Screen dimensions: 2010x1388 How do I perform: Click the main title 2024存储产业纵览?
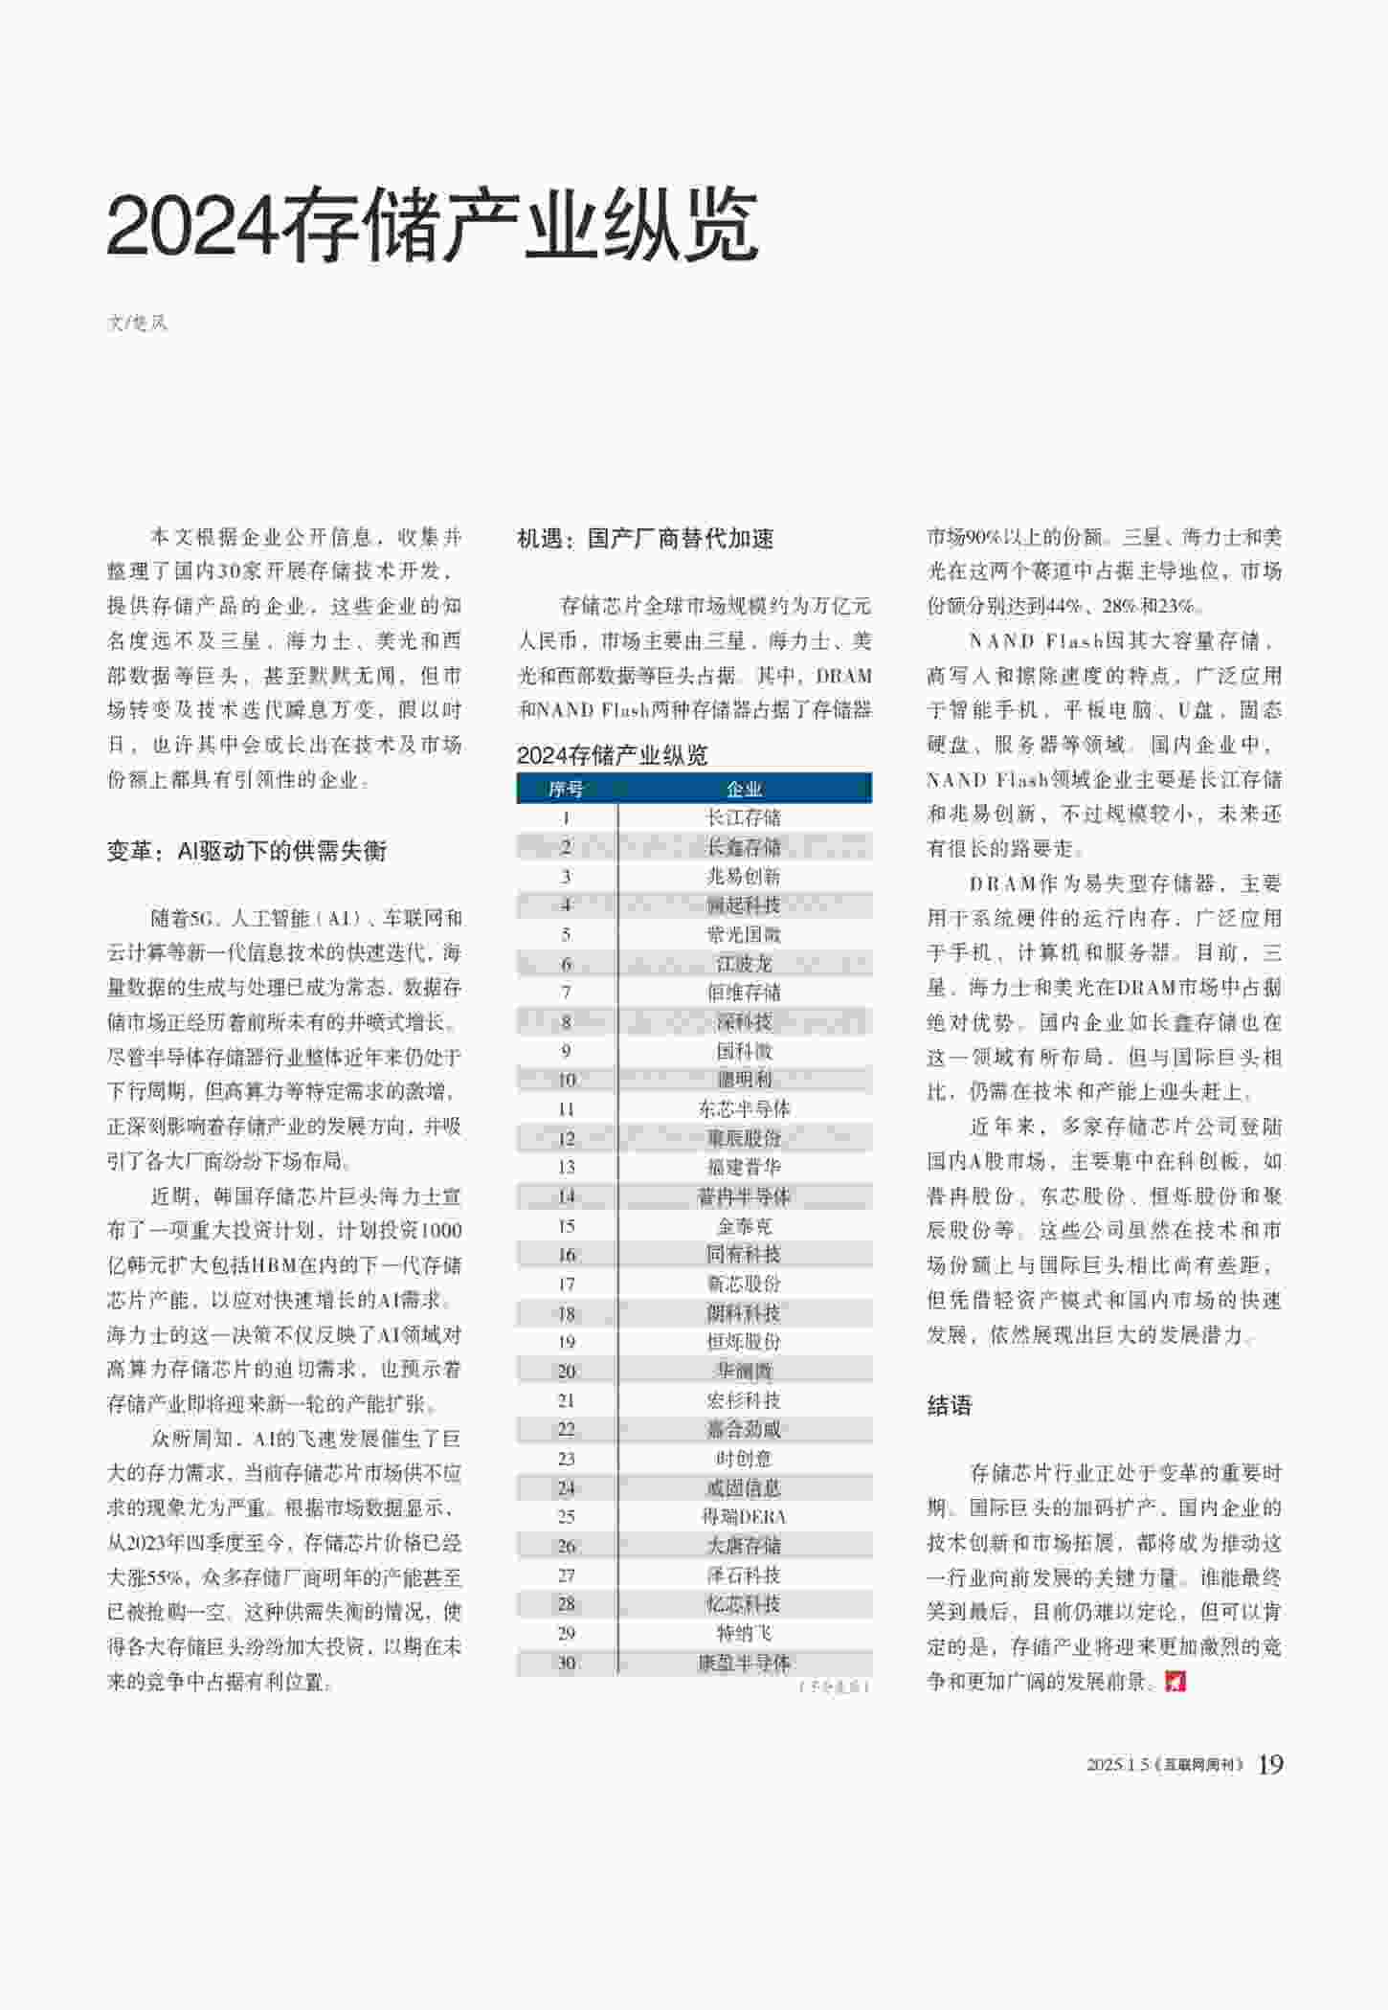(433, 226)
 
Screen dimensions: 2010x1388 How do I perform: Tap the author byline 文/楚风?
(137, 323)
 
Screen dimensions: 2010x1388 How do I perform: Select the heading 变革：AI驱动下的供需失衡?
(247, 851)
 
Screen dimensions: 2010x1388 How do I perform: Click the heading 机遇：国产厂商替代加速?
(645, 539)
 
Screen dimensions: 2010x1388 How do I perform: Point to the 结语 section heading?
(949, 1405)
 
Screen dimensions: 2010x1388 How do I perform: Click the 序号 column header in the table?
(566, 789)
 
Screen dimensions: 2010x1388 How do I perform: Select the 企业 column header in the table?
(744, 789)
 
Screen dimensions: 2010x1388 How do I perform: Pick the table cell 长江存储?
(744, 817)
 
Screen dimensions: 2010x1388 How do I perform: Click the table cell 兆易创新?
(744, 876)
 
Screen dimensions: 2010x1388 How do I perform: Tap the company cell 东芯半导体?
(744, 1109)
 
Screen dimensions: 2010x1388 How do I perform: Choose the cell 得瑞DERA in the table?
(744, 1517)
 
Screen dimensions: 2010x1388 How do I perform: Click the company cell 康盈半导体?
(744, 1663)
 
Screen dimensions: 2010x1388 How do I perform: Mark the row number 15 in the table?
(566, 1226)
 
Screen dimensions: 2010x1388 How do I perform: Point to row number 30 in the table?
(566, 1663)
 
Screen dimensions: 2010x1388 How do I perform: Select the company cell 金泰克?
(744, 1226)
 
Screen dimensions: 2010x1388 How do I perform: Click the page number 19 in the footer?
(1270, 1764)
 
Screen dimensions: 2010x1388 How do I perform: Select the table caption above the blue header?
(613, 755)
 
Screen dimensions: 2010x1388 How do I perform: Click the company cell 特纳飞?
(744, 1633)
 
